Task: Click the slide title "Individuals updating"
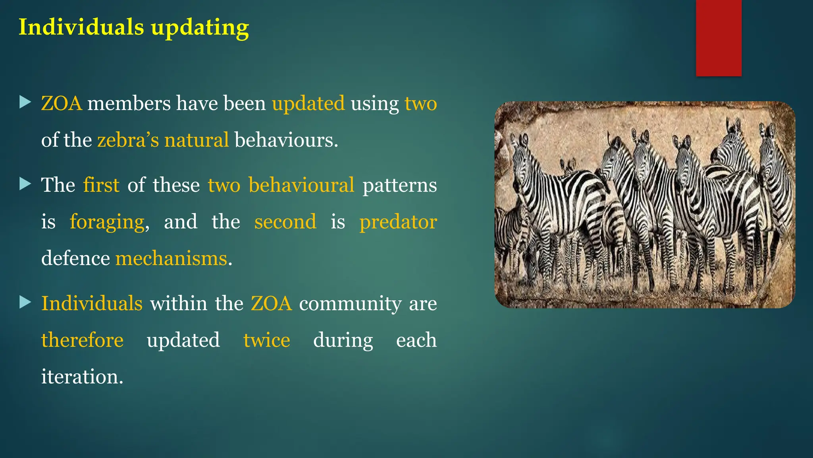pyautogui.click(x=134, y=27)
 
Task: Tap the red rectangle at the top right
pyautogui.click(x=719, y=38)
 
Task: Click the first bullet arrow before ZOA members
pyautogui.click(x=25, y=102)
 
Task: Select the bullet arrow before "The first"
pyautogui.click(x=25, y=184)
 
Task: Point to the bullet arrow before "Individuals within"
pyautogui.click(x=25, y=303)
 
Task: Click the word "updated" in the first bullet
pyautogui.click(x=308, y=103)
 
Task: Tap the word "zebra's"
pyautogui.click(x=128, y=140)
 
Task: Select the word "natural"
pyautogui.click(x=197, y=140)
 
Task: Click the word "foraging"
pyautogui.click(x=107, y=222)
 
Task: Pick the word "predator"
pyautogui.click(x=398, y=222)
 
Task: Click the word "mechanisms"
pyautogui.click(x=171, y=258)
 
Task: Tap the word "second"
pyautogui.click(x=285, y=222)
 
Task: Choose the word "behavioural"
pyautogui.click(x=301, y=185)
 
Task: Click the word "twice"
pyautogui.click(x=266, y=340)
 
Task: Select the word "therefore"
pyautogui.click(x=82, y=340)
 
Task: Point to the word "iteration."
pyautogui.click(x=82, y=376)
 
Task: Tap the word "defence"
pyautogui.click(x=75, y=258)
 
